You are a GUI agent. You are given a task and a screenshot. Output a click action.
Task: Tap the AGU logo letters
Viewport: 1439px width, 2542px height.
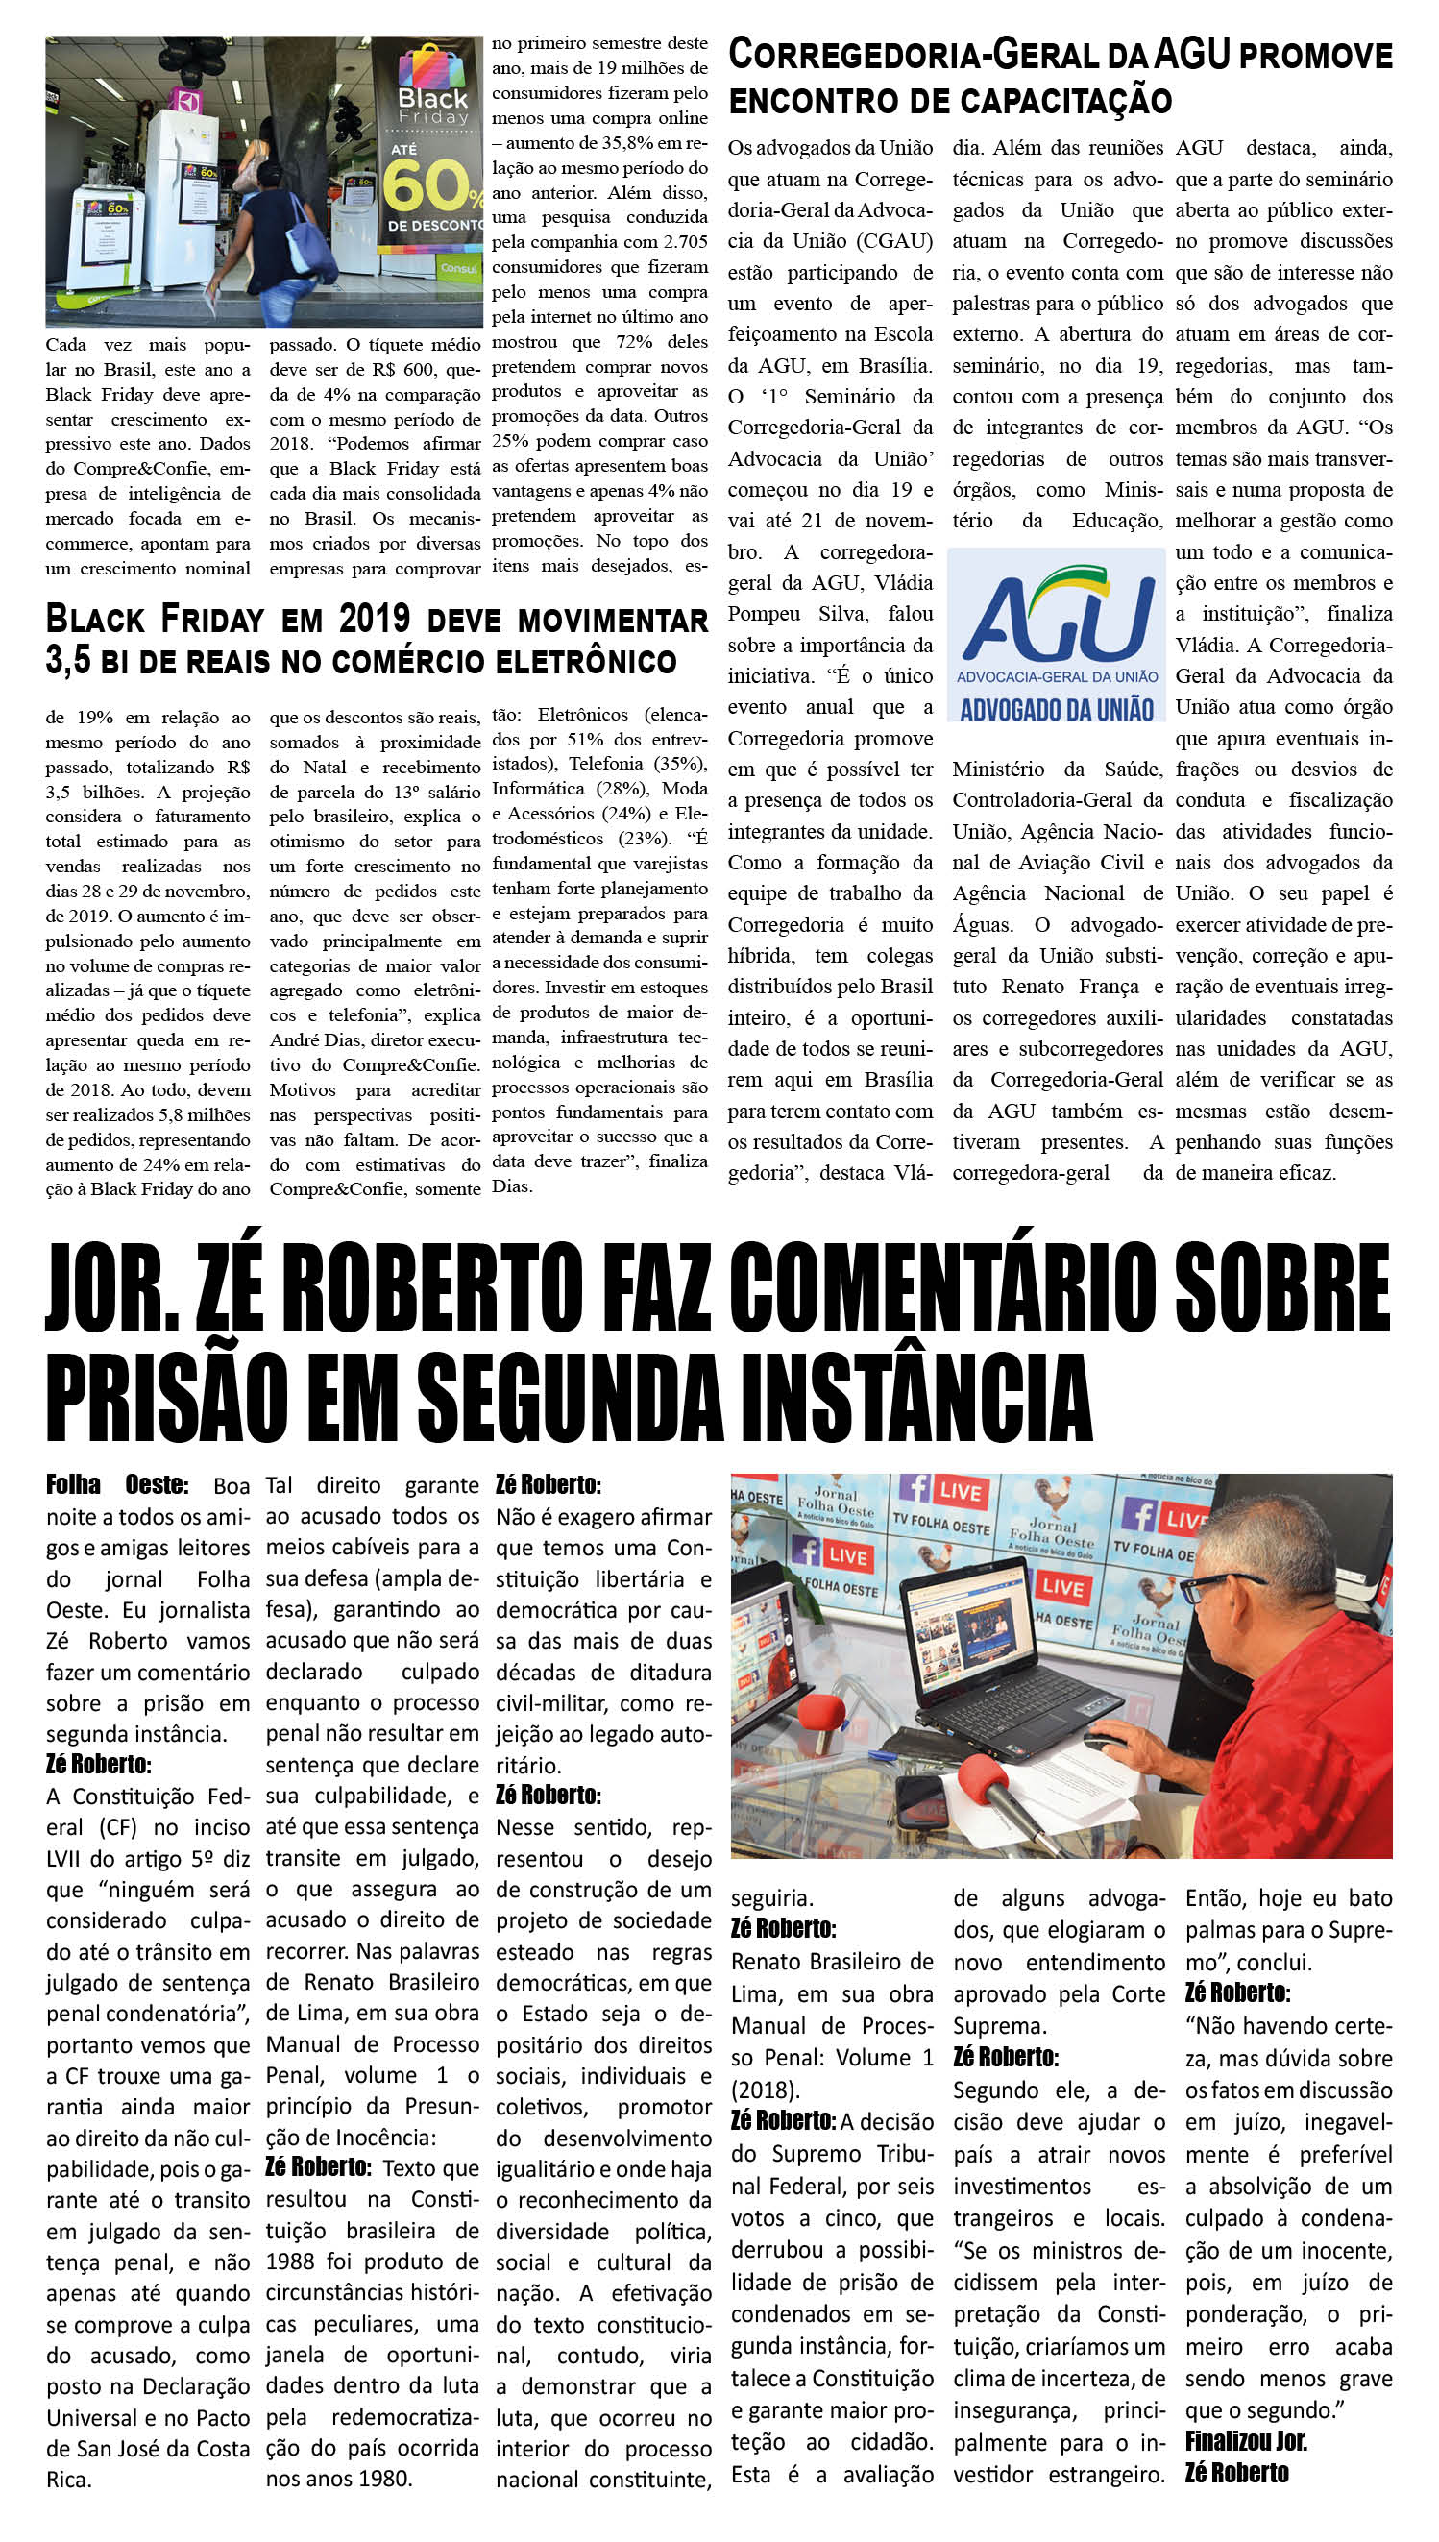pyautogui.click(x=1058, y=621)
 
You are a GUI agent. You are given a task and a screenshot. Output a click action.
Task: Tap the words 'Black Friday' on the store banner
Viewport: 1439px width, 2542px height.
pyautogui.click(x=432, y=106)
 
